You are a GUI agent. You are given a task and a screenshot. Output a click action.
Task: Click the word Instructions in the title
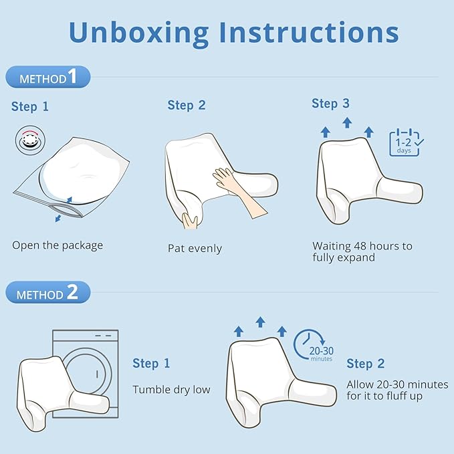(x=309, y=31)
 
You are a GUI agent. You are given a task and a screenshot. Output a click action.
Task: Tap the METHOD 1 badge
(x=48, y=77)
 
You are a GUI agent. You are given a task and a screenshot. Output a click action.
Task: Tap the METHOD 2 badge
(x=48, y=292)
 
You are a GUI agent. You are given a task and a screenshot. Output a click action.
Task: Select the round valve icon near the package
(x=30, y=140)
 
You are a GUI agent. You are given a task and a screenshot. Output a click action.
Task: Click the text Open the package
(x=58, y=245)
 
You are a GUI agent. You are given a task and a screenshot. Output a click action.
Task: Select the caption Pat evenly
(x=195, y=249)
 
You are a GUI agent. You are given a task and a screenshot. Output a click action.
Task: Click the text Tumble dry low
(x=171, y=390)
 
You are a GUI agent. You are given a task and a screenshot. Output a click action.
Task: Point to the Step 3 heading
(x=330, y=104)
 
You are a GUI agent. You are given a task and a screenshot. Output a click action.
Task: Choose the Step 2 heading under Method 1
(x=187, y=105)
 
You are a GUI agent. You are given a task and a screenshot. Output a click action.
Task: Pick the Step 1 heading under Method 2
(x=151, y=363)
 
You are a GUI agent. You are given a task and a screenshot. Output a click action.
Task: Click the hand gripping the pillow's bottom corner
(x=191, y=221)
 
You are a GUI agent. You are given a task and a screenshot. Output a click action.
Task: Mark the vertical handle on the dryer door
(x=97, y=374)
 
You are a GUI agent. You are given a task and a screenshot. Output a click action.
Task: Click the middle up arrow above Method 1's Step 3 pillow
(x=347, y=122)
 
